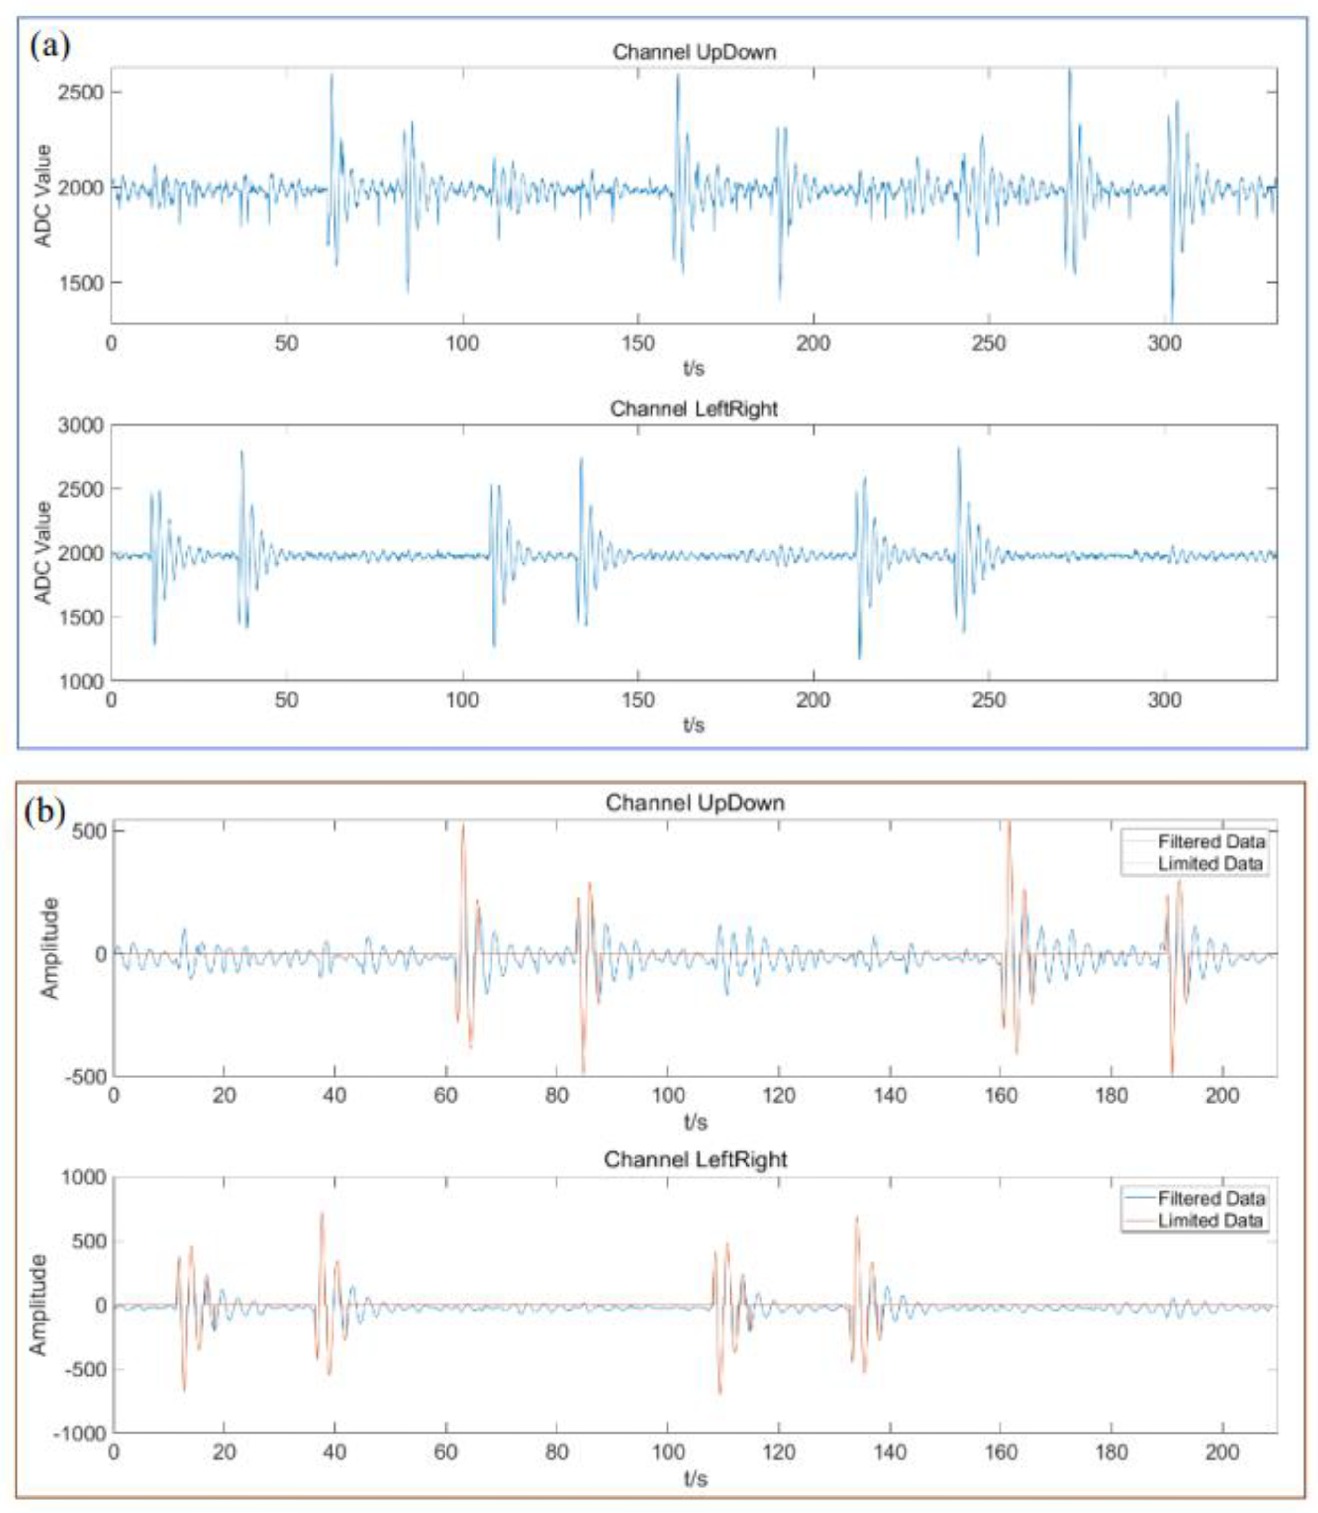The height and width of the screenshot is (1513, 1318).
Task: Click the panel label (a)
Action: [x=50, y=46]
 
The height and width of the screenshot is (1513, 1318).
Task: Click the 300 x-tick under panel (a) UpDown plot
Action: [x=1164, y=343]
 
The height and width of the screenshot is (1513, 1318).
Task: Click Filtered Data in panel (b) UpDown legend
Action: [x=1210, y=841]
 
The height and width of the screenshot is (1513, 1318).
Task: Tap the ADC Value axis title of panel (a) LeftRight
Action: [x=44, y=553]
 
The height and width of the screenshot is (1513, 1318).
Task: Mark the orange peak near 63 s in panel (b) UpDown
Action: [x=462, y=826]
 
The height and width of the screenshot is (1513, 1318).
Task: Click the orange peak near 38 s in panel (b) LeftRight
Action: [x=321, y=1213]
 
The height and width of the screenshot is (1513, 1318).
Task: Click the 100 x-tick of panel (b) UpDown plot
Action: [x=668, y=1096]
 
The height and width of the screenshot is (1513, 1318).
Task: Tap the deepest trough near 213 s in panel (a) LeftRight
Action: [x=859, y=657]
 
